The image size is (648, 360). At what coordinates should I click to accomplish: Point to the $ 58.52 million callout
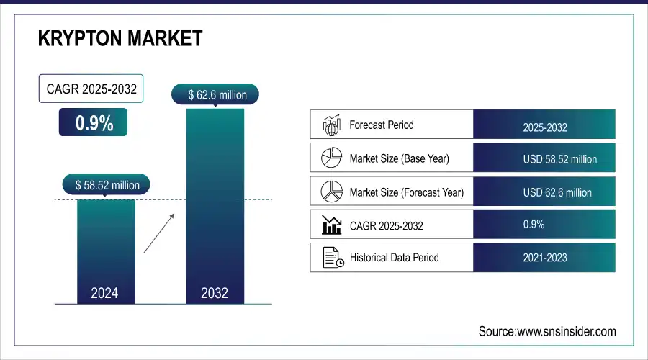click(107, 185)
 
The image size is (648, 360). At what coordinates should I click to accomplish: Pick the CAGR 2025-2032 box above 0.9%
click(91, 90)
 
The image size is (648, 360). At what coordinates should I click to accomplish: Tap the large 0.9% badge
click(94, 122)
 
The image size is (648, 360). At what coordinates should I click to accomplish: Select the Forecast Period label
click(381, 125)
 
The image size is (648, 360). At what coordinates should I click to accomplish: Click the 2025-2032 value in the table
click(545, 127)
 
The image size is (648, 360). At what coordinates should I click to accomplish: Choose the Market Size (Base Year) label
click(399, 158)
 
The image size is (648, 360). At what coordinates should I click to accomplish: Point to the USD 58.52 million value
click(559, 159)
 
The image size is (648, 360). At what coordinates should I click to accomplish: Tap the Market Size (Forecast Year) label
click(406, 192)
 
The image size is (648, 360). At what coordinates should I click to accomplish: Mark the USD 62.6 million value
click(557, 192)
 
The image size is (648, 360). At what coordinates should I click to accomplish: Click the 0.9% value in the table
click(534, 225)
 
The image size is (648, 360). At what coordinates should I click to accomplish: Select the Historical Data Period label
click(394, 257)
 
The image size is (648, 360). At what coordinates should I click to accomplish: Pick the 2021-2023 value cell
click(545, 257)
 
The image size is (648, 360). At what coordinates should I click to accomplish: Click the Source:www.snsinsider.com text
click(547, 331)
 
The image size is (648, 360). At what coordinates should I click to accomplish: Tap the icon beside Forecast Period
click(330, 125)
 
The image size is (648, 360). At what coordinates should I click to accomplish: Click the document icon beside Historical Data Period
click(331, 257)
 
